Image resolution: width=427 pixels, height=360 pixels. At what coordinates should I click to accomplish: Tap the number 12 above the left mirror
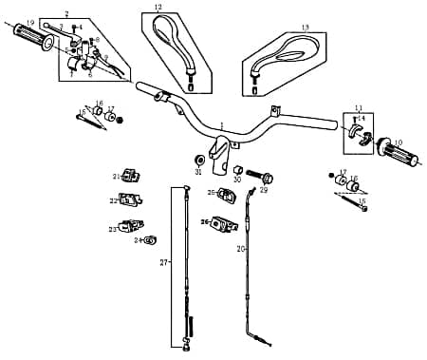pos(158,8)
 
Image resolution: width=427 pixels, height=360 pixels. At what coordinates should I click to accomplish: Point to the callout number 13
pos(305,28)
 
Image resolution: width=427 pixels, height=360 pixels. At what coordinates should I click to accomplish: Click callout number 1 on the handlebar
pos(221,124)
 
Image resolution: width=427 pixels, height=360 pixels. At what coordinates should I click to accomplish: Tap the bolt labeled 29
pos(268,177)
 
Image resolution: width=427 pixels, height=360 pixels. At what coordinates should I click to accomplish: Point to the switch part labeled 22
pos(132,199)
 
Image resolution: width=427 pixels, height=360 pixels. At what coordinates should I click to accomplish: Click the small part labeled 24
pos(152,239)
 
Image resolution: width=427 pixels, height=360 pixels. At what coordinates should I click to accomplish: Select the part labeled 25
pos(228,194)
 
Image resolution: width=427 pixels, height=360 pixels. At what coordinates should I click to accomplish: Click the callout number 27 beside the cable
pos(163,262)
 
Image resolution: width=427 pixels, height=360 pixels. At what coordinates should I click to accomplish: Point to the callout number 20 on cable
pos(240,248)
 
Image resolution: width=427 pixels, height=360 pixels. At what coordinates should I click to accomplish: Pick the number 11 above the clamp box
pos(359,108)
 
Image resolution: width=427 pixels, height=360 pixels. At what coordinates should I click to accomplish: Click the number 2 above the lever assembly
pos(65,13)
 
